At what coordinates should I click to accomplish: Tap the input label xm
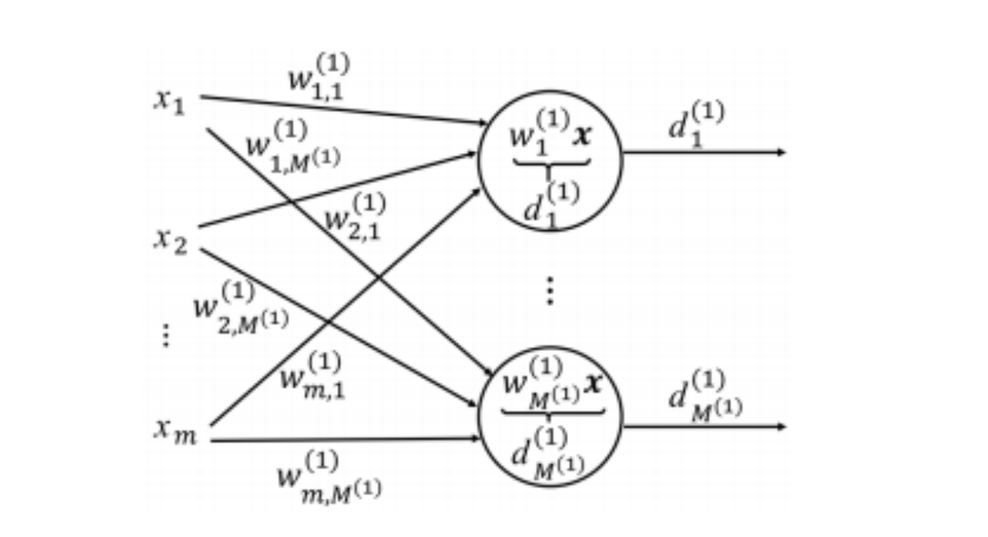click(x=174, y=432)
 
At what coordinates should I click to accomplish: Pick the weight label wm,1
click(x=312, y=376)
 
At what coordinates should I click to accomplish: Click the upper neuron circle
click(x=550, y=161)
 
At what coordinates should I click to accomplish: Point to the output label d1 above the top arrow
click(x=695, y=124)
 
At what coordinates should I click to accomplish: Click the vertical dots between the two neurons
click(x=550, y=289)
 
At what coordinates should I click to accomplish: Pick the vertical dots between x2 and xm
click(x=165, y=336)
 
